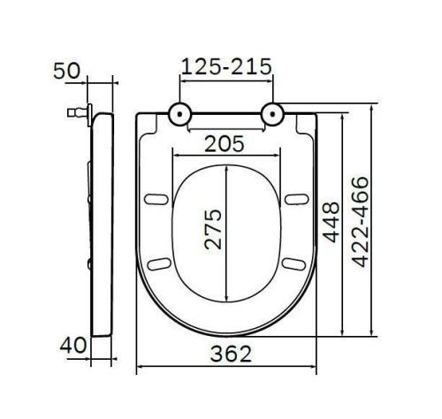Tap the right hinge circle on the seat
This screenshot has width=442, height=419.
click(x=273, y=114)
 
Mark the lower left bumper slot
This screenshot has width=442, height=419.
click(x=160, y=263)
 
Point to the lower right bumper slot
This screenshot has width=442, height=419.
click(x=293, y=263)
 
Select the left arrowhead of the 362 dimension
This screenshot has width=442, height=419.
click(x=140, y=365)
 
